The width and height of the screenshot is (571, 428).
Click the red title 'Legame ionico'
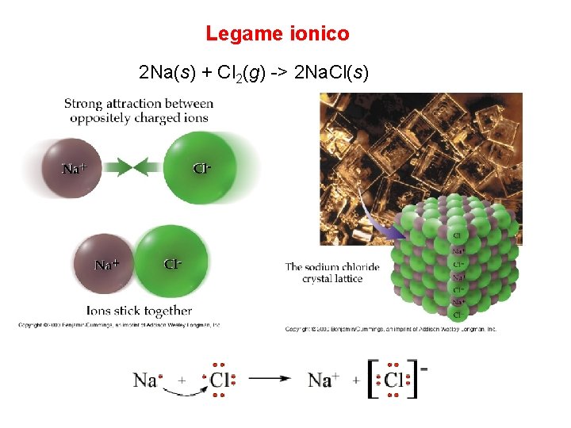pyautogui.click(x=277, y=34)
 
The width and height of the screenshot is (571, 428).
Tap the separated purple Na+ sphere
pyautogui.click(x=72, y=167)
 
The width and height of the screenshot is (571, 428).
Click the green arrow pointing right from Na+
pyautogui.click(x=114, y=167)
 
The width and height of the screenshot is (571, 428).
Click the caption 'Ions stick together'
pyautogui.click(x=140, y=311)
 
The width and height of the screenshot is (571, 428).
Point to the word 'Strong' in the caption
pyautogui.click(x=83, y=103)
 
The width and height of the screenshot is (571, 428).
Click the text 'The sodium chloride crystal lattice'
pyautogui.click(x=332, y=273)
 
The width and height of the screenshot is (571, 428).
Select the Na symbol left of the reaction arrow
pyautogui.click(x=145, y=380)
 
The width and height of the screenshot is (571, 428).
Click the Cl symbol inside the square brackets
pyautogui.click(x=394, y=380)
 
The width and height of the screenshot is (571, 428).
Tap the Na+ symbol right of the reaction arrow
pyautogui.click(x=320, y=380)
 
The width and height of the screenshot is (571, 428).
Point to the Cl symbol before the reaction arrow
pyautogui.click(x=220, y=380)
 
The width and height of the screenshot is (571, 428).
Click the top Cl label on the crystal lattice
pyautogui.click(x=458, y=235)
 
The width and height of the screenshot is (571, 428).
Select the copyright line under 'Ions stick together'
pyautogui.click(x=119, y=324)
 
